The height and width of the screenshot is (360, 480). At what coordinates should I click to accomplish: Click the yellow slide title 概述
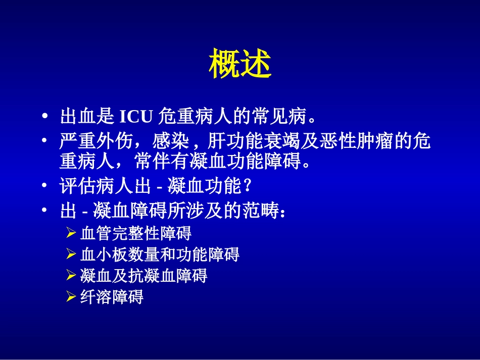(240, 64)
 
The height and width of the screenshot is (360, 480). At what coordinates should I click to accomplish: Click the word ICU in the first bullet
(136, 117)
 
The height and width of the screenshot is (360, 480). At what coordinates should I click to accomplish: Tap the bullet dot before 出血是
(46, 117)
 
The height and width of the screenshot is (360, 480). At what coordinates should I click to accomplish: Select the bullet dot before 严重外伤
(46, 140)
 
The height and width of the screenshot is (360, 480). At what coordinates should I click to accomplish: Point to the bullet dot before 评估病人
(46, 187)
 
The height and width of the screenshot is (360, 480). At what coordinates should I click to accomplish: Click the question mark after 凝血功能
(247, 187)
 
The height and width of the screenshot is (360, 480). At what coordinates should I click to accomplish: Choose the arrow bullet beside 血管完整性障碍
(71, 234)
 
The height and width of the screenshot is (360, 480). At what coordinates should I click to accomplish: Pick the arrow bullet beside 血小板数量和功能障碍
(71, 254)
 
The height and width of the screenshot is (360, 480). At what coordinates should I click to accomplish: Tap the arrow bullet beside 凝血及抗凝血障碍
(71, 276)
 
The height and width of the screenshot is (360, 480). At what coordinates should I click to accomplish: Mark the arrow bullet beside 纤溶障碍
(71, 297)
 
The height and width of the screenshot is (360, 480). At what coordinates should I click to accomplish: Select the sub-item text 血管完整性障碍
(136, 234)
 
